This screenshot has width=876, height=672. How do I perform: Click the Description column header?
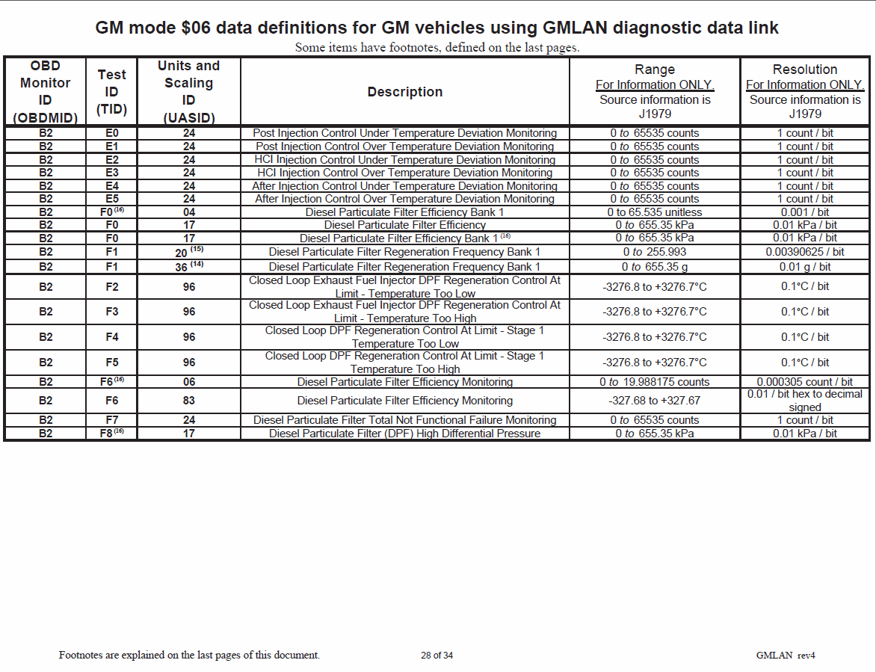pyautogui.click(x=404, y=92)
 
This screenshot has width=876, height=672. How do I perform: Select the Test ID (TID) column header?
pyautogui.click(x=112, y=92)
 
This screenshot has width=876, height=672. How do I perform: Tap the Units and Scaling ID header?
pyautogui.click(x=189, y=92)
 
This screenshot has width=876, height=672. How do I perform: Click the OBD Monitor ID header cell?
pyautogui.click(x=46, y=92)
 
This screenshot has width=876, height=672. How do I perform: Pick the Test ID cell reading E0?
pyautogui.click(x=112, y=133)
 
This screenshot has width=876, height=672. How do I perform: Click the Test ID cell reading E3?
pyautogui.click(x=112, y=173)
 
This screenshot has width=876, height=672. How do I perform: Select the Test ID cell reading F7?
pyautogui.click(x=112, y=420)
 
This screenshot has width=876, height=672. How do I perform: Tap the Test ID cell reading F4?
pyautogui.click(x=112, y=337)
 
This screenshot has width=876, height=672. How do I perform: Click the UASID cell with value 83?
pyautogui.click(x=189, y=401)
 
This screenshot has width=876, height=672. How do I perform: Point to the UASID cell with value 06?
pyautogui.click(x=189, y=382)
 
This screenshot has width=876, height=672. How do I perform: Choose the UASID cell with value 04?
pyautogui.click(x=189, y=212)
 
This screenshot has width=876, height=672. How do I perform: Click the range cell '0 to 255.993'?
pyautogui.click(x=655, y=252)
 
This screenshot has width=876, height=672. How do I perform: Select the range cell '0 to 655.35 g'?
pyautogui.click(x=655, y=267)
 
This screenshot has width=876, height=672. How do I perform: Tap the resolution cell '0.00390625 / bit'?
pyautogui.click(x=805, y=252)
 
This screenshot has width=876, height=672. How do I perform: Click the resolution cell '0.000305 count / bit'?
pyautogui.click(x=805, y=382)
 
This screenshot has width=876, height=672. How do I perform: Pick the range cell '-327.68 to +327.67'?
pyautogui.click(x=655, y=401)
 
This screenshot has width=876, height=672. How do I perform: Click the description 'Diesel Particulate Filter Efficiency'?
pyautogui.click(x=404, y=225)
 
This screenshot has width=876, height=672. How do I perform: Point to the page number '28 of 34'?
pyautogui.click(x=437, y=656)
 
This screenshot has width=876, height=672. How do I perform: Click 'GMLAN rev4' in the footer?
pyautogui.click(x=785, y=656)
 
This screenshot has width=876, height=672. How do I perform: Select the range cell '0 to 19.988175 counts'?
pyautogui.click(x=655, y=382)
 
